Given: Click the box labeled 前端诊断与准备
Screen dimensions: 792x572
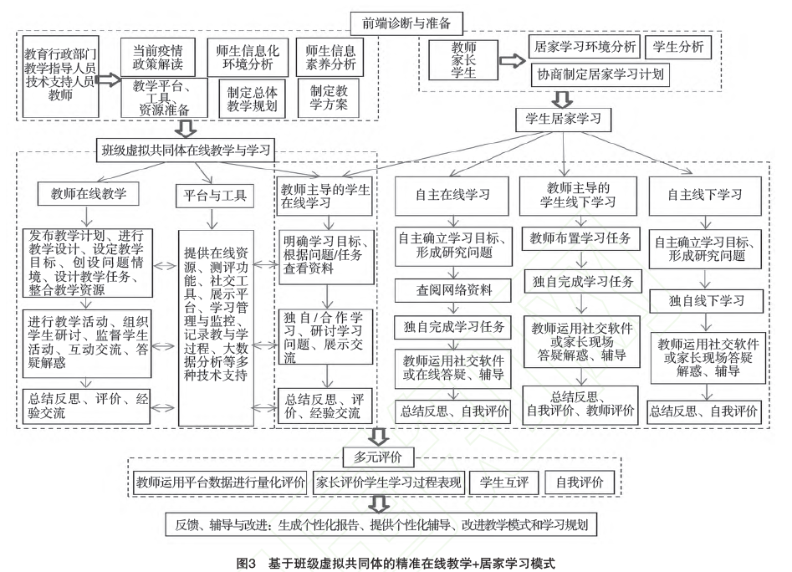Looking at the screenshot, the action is click(x=406, y=23).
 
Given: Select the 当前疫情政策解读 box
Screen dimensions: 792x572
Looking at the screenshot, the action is click(x=157, y=58).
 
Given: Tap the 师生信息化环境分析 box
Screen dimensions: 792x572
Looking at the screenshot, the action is click(x=248, y=58).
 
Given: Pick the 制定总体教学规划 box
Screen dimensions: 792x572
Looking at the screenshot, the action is click(x=252, y=99).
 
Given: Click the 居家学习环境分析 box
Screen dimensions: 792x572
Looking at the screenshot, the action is click(x=585, y=47).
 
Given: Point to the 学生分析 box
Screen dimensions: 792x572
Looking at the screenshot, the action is click(x=678, y=47).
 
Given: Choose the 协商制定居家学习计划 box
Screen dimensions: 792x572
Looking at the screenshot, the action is click(x=600, y=74).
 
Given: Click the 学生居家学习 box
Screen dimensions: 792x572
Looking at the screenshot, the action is click(x=563, y=120).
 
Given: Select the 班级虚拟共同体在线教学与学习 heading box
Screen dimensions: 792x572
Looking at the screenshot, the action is click(x=186, y=151).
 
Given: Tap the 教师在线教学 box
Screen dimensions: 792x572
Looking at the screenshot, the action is click(x=89, y=194).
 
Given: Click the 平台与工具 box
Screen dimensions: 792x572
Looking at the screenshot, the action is click(x=215, y=196).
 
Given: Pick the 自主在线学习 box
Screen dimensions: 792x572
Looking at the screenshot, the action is click(x=452, y=196).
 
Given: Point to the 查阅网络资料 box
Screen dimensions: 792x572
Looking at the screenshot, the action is click(x=453, y=290).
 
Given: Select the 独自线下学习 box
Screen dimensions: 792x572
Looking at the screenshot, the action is click(x=706, y=301).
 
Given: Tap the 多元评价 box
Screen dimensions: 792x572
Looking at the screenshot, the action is click(x=378, y=457).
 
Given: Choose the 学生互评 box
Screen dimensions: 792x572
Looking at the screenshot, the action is click(x=504, y=483).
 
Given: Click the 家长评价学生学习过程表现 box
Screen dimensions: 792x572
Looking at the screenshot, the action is click(x=388, y=483).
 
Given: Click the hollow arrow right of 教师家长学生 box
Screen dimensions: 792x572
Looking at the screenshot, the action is click(x=513, y=61).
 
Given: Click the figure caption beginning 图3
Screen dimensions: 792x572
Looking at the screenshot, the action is click(x=396, y=564).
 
